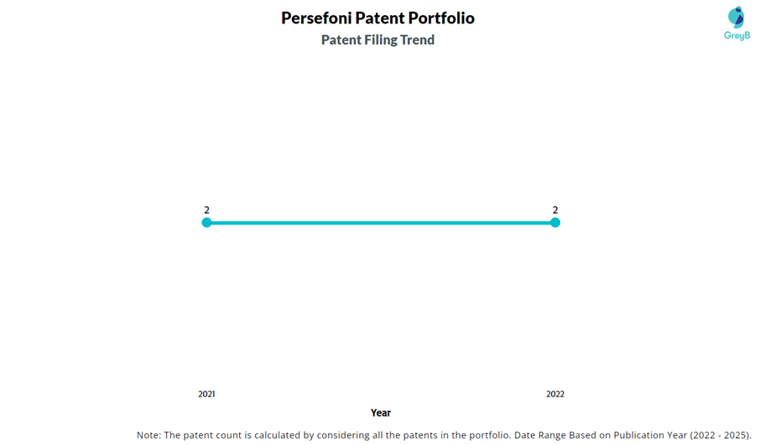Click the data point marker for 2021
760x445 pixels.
(206, 222)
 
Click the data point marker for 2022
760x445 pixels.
(555, 222)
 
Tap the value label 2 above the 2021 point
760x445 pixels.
(206, 210)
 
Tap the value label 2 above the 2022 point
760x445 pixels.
(555, 210)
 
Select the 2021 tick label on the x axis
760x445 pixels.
(206, 394)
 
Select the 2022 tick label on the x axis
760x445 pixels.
(555, 394)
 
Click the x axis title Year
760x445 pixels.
(381, 412)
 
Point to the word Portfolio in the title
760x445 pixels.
(441, 18)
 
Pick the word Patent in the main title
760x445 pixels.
(379, 18)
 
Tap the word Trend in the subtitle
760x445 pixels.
(417, 40)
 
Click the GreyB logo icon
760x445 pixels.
(737, 17)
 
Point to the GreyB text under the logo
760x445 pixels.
(737, 36)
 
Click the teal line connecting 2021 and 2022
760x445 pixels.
(381, 222)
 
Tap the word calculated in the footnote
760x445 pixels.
(275, 435)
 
